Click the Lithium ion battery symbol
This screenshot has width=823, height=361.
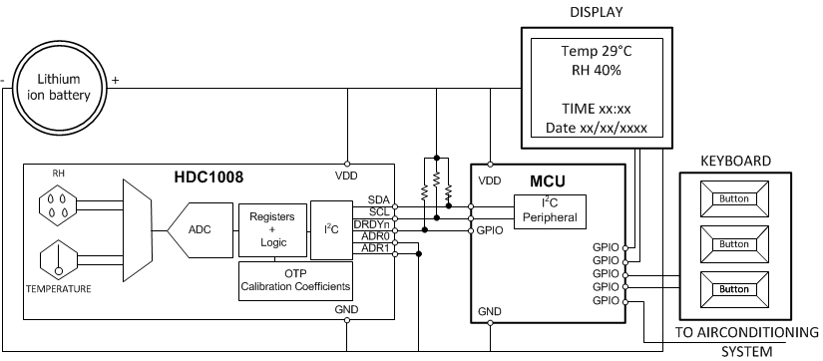(x=64, y=88)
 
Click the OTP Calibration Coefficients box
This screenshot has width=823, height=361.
(x=296, y=281)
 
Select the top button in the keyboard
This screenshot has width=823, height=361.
(x=733, y=198)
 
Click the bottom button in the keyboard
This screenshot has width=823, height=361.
(x=733, y=289)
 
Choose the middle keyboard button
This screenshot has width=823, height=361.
(x=733, y=244)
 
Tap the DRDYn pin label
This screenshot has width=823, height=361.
(x=372, y=224)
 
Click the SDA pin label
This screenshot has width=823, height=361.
(x=379, y=199)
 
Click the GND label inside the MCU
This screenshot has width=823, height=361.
(x=491, y=311)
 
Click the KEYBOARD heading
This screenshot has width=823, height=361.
(x=734, y=160)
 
